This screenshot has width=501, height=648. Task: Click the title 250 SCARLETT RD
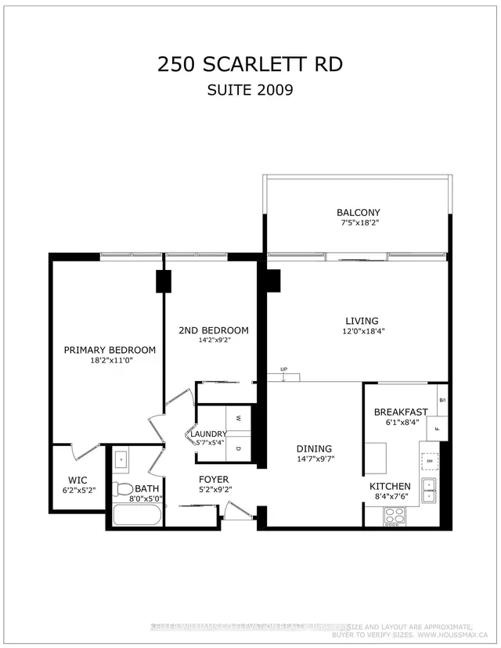coord(250,64)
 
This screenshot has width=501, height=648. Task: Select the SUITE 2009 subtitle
coord(250,89)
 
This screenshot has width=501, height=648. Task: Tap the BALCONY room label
coord(358,213)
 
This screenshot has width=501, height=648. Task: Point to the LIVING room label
coord(362,321)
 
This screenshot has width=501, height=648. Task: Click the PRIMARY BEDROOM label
coord(110,350)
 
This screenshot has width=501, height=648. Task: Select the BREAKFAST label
coord(400,412)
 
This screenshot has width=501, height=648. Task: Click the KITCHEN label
coord(390,486)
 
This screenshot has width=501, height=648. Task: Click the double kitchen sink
coord(429,490)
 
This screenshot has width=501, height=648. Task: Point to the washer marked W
coord(239,417)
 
